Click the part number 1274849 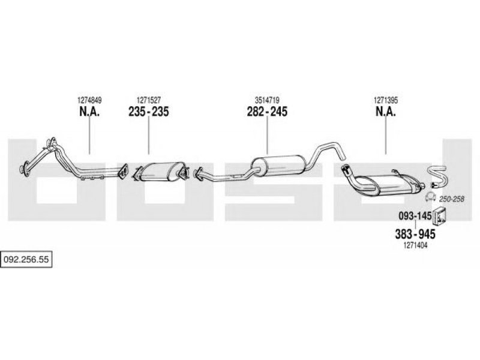pos(89,100)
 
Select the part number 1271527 pos(148,100)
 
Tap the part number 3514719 pos(267,100)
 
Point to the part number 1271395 pos(385,100)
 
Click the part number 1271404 pos(415,245)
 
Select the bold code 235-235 pos(148,112)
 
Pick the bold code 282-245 pos(267,112)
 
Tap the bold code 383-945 pos(415,234)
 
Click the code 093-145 pos(415,216)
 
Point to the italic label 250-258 pos(452,199)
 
